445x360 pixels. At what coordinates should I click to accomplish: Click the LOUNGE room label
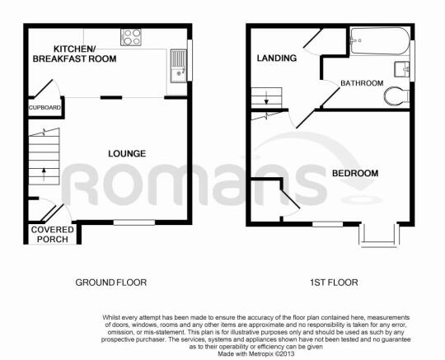click(x=126, y=153)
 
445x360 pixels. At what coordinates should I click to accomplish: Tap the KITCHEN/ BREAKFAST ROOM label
click(x=74, y=54)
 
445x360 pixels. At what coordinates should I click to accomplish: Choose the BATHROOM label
click(x=363, y=83)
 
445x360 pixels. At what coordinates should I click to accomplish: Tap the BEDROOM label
click(x=355, y=173)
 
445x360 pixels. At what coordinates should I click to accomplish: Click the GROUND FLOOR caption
click(x=111, y=282)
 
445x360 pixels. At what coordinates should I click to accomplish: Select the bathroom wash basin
click(x=402, y=68)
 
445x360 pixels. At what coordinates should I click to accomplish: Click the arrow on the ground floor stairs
click(x=42, y=174)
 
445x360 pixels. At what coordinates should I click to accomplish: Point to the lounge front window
click(x=133, y=221)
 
